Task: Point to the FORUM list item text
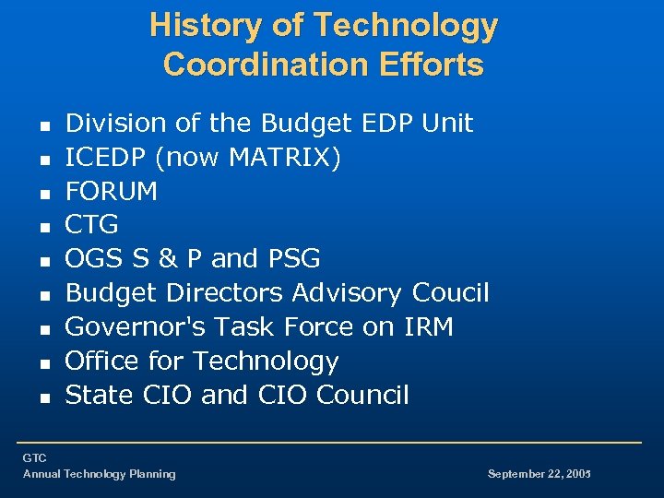(112, 192)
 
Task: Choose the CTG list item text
(92, 225)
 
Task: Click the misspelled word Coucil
(450, 293)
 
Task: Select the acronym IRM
(426, 327)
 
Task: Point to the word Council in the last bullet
(362, 395)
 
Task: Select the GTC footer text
(35, 458)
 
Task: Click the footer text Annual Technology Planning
(100, 474)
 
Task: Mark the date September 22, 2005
(539, 474)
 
